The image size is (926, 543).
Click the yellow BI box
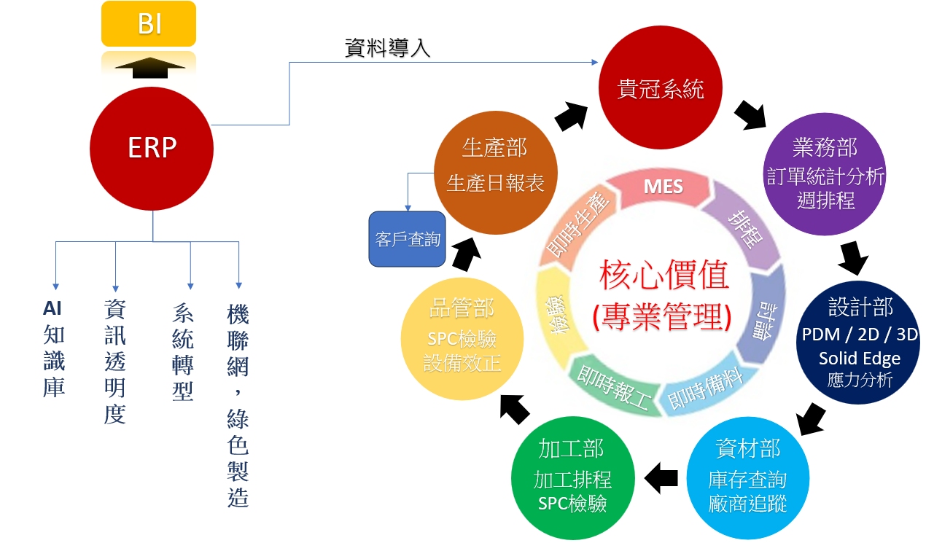point(149,24)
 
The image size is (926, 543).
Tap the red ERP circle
point(152,148)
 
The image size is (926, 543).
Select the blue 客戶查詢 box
point(408,239)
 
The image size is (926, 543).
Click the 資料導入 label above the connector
point(387,49)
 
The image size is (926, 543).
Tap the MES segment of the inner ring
point(664,187)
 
